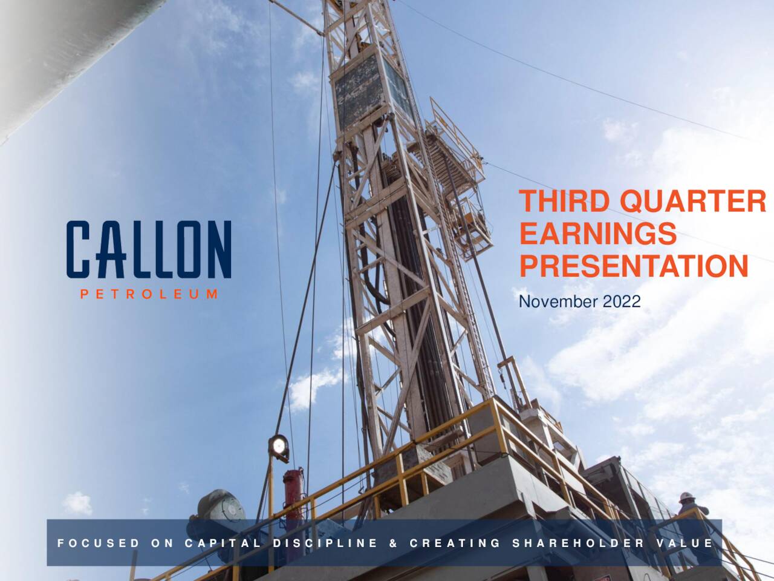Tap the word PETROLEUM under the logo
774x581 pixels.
point(149,295)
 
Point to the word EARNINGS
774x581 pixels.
point(597,234)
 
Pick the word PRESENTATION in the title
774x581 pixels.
point(634,266)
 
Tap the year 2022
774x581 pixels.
point(621,301)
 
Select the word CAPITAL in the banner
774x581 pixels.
point(224,543)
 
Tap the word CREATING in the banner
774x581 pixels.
point(455,543)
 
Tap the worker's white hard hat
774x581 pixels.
point(685,496)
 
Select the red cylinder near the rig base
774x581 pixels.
point(293,490)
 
